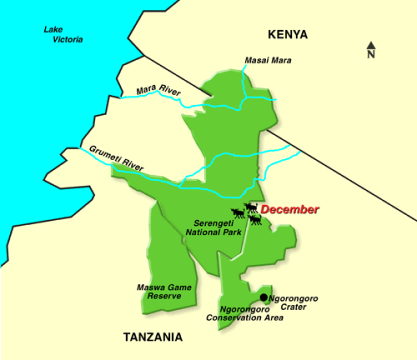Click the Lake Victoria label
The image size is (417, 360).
click(x=63, y=34)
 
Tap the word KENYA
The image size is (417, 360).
click(x=288, y=34)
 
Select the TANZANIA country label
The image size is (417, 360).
click(x=153, y=337)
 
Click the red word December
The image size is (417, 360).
click(x=289, y=209)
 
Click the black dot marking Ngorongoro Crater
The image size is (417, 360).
click(x=264, y=297)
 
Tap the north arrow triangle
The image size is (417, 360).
click(x=371, y=45)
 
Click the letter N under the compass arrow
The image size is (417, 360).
click(x=371, y=55)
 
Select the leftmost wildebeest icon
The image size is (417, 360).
click(x=237, y=213)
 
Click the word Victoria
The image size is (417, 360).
click(x=67, y=39)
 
